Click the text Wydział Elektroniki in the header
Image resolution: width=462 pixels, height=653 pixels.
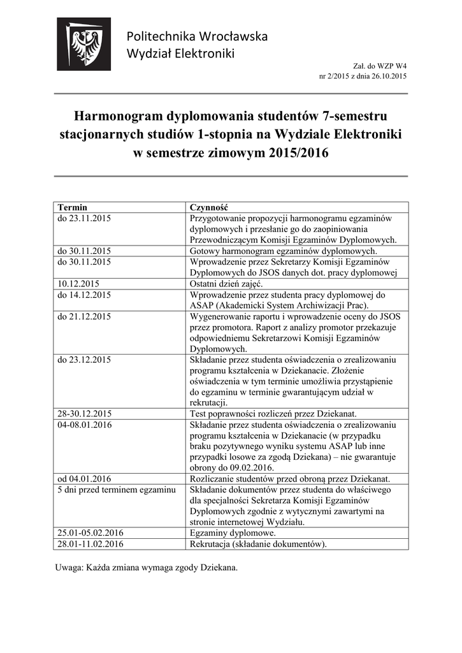point(181,53)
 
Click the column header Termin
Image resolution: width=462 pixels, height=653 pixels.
point(72,208)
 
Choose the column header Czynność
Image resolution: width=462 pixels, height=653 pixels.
point(209,208)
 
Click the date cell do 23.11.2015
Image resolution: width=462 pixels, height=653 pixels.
point(84,219)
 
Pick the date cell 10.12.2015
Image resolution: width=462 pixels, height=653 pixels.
point(79,283)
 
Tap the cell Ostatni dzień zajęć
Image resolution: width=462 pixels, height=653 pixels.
point(226,283)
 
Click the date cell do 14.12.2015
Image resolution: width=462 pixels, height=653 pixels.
point(84,295)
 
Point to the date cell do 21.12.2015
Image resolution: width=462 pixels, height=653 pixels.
point(84,316)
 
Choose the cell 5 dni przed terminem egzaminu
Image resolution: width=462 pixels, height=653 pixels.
point(116,489)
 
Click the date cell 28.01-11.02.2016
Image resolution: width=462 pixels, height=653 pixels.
point(90,544)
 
